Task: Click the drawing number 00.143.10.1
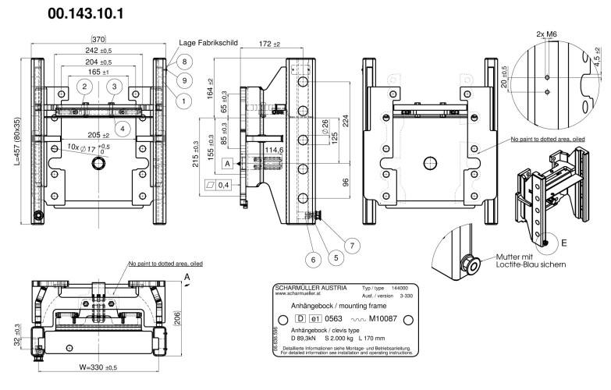pyautogui.click(x=96, y=14)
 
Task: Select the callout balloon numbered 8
pyautogui.click(x=185, y=62)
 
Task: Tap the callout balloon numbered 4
pyautogui.click(x=122, y=127)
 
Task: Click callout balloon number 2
pyautogui.click(x=83, y=86)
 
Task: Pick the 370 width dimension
pyautogui.click(x=98, y=39)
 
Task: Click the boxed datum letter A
pyautogui.click(x=226, y=165)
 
